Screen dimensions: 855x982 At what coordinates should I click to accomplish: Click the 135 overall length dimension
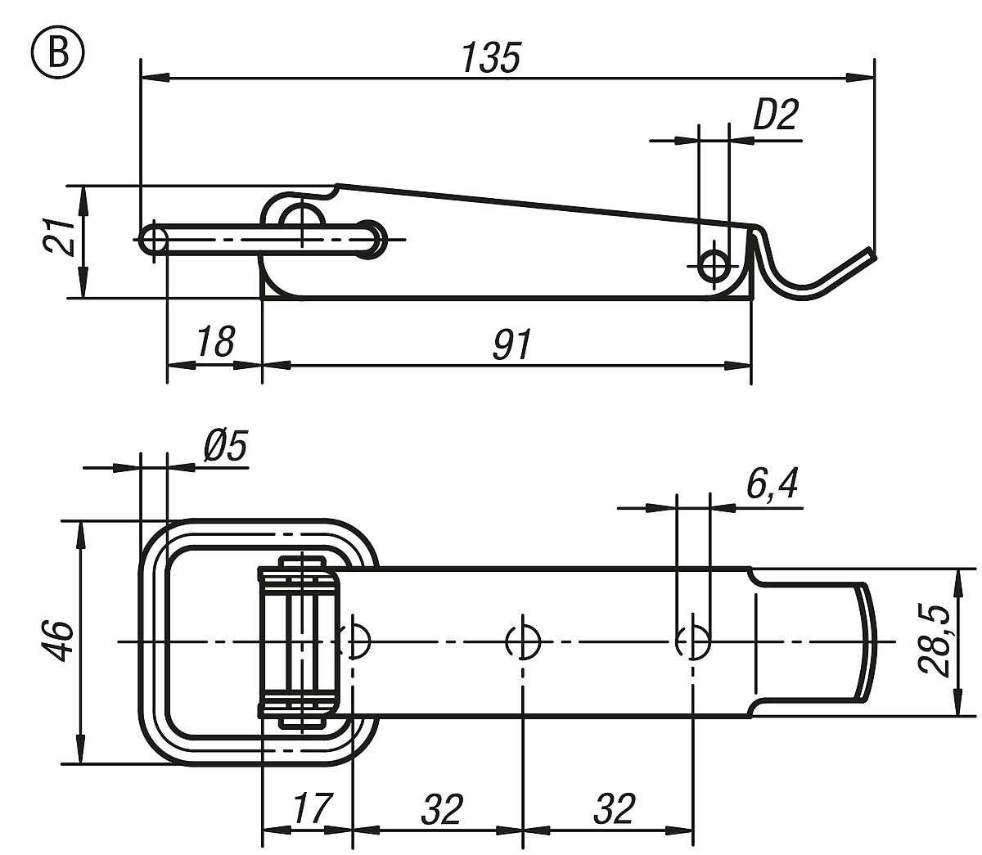point(490,59)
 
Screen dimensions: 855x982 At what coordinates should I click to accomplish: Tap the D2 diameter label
point(773,116)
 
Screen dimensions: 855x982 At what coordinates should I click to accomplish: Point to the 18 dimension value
point(215,343)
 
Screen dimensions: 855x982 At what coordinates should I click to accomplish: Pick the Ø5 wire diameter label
point(223,448)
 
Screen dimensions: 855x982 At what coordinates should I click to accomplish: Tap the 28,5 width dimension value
point(935,641)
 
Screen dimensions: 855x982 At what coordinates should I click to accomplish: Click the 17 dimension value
point(311,809)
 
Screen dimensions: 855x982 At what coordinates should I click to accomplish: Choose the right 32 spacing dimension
point(612,809)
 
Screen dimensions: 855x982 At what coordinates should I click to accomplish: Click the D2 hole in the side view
point(715,264)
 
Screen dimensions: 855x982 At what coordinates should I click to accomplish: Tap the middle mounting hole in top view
point(522,641)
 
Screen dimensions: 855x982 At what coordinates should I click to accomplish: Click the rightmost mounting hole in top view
point(693,641)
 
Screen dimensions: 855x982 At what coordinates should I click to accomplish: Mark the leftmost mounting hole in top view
point(357,641)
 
